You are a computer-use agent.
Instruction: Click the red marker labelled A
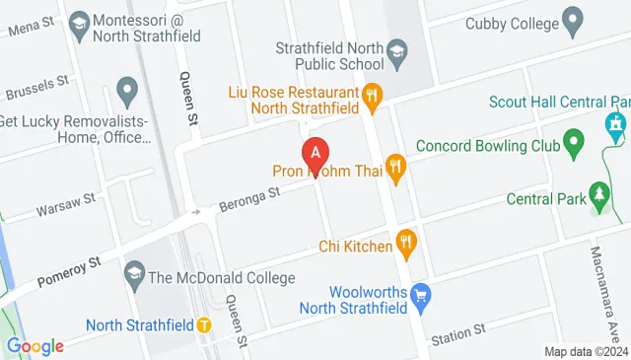coord(315,154)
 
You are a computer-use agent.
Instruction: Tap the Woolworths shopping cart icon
coord(421,294)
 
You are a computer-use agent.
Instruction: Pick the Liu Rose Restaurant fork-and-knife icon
coord(372,95)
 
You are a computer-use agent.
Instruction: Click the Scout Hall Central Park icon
coord(615,123)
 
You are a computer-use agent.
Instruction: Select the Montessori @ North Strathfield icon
coord(78,22)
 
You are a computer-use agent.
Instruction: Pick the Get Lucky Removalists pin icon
coord(126,93)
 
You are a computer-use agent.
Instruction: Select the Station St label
coord(458,332)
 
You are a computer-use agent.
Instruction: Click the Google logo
coord(35,346)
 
